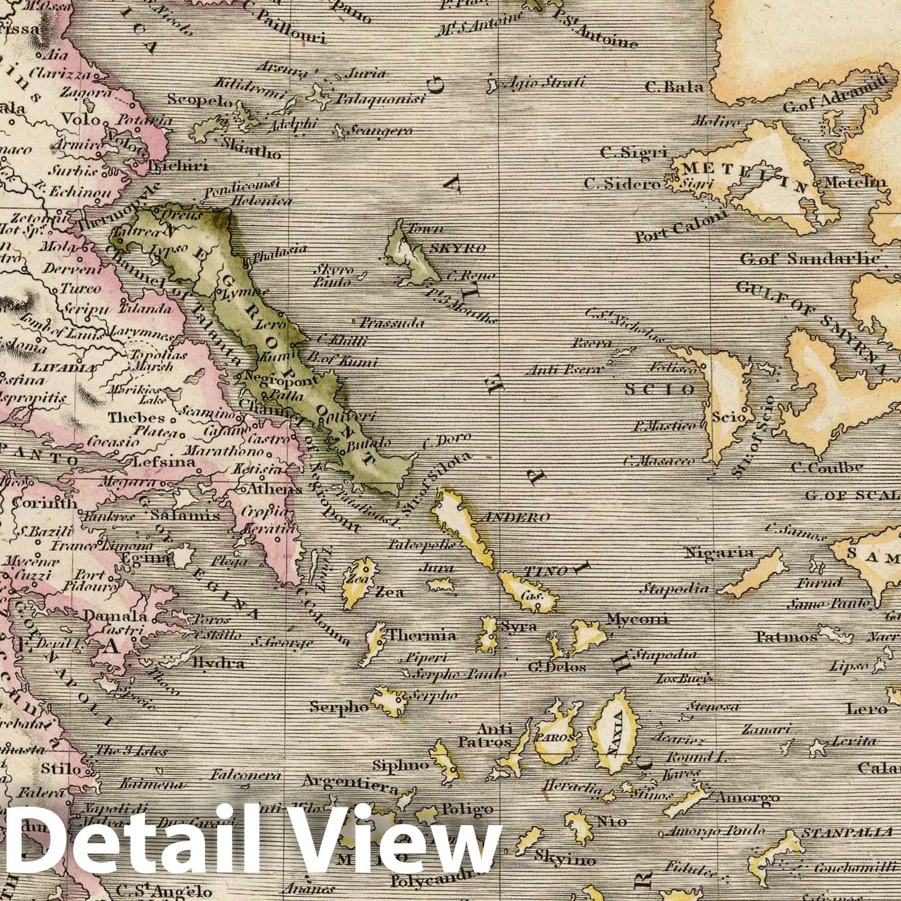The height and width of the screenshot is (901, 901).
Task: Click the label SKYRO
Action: (x=465, y=248)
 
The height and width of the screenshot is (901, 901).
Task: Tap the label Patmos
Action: (x=786, y=637)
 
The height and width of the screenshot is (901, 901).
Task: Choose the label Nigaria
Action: (x=718, y=553)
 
